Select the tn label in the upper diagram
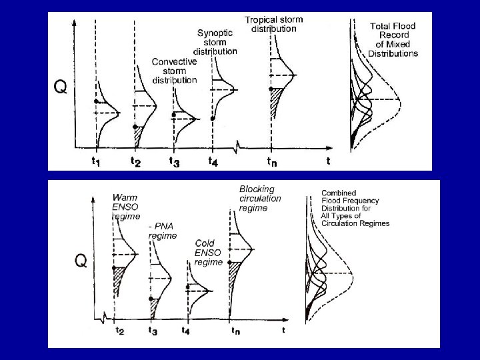pyautogui.click(x=272, y=161)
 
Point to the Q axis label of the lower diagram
pyautogui.click(x=79, y=261)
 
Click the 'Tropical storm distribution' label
pyautogui.click(x=273, y=25)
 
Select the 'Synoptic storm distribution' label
pyautogui.click(x=215, y=41)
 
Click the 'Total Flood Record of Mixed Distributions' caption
pyautogui.click(x=393, y=39)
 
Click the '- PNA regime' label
pyautogui.click(x=162, y=231)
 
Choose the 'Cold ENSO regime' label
pyautogui.click(x=209, y=253)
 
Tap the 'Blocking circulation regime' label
pyautogui.click(x=260, y=199)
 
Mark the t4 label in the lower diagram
pyautogui.click(x=187, y=331)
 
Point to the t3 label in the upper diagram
pyautogui.click(x=174, y=161)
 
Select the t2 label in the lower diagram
pyautogui.click(x=119, y=331)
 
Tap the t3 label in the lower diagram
pyautogui.click(x=153, y=331)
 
